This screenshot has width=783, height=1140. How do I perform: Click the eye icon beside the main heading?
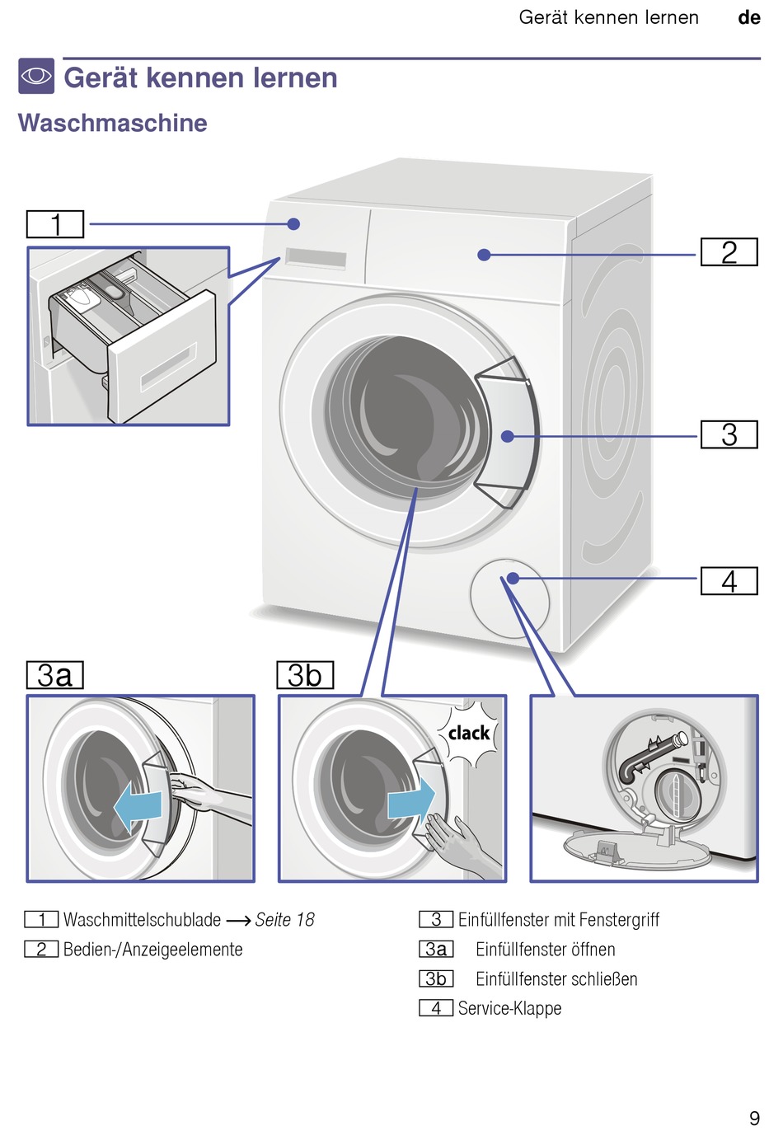coord(36,76)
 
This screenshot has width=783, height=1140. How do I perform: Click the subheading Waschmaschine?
coord(113,123)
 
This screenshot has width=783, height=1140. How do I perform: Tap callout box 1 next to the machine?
coord(55,224)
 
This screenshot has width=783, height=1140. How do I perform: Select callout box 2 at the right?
coord(729,252)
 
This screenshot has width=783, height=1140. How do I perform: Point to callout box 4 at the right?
coord(729,581)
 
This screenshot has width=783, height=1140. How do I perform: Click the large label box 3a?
coord(55,675)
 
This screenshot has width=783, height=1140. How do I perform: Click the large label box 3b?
coord(305,675)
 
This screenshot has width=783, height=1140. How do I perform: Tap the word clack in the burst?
coord(469,733)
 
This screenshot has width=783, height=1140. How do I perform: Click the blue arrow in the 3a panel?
coord(138,807)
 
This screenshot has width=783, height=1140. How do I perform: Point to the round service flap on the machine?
coord(509,598)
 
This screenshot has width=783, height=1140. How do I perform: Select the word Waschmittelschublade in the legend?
coord(142,920)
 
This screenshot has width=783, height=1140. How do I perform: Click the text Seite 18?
coord(284,920)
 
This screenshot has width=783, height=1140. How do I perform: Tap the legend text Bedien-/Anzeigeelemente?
coord(153,950)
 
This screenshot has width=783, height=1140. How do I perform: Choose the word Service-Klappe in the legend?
coord(509,1008)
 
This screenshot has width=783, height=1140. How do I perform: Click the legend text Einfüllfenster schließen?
coord(556,979)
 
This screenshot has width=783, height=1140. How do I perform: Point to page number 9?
coord(754,1118)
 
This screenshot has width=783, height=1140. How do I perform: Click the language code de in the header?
coord(748,18)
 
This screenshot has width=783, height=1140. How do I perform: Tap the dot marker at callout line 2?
coord(485,256)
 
